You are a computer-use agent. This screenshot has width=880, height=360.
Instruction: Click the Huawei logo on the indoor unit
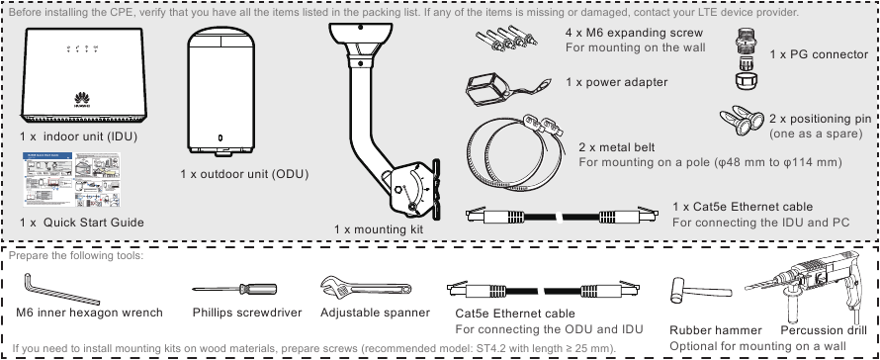coord(82,99)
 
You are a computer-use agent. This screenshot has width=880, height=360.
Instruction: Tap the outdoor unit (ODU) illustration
coord(221,91)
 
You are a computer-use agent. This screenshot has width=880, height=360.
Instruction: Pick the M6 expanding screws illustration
coord(505,40)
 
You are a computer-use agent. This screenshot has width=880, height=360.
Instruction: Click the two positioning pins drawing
coord(742,122)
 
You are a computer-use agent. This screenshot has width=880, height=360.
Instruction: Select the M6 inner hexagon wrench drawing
coord(60,289)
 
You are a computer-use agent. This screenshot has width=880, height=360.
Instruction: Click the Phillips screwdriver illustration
coord(234,289)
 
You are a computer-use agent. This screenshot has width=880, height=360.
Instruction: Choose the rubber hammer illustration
coord(700,292)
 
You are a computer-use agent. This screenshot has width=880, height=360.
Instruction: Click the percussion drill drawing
coord(808,284)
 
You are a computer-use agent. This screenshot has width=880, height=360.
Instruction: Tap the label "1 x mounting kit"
coord(379,229)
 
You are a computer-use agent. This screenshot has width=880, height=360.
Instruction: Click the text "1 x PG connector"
coord(819,54)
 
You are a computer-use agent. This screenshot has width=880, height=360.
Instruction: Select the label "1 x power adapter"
coord(616,82)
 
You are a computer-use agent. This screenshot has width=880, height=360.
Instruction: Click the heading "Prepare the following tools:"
coord(76,255)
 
